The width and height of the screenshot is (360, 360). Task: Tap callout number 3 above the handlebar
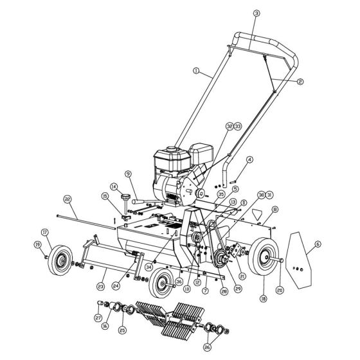(x=256, y=13)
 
